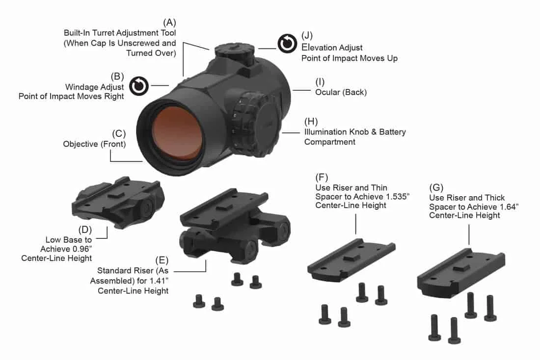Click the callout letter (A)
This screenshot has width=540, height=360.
pyautogui.click(x=170, y=23)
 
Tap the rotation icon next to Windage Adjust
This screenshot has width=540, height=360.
pyautogui.click(x=139, y=86)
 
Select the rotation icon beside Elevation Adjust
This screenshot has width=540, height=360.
pyautogui.click(x=287, y=44)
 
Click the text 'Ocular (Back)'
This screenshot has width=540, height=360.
pyautogui.click(x=341, y=92)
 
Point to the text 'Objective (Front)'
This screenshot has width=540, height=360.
pyautogui.click(x=94, y=144)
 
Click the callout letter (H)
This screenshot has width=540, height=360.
pyautogui.click(x=311, y=121)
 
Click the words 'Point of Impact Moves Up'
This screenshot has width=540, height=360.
pyautogui.click(x=349, y=58)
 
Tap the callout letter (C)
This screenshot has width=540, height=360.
pyautogui.click(x=119, y=133)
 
